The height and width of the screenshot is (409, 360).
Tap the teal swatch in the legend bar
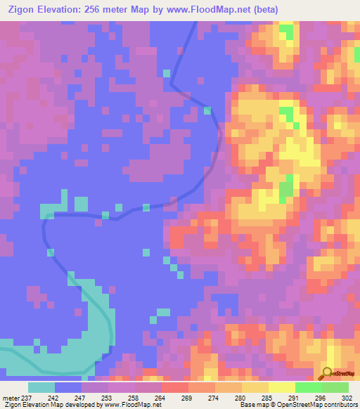[41, 388]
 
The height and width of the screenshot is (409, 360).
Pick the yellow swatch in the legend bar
[281, 388]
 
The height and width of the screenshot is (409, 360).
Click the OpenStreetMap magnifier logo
[328, 373]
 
